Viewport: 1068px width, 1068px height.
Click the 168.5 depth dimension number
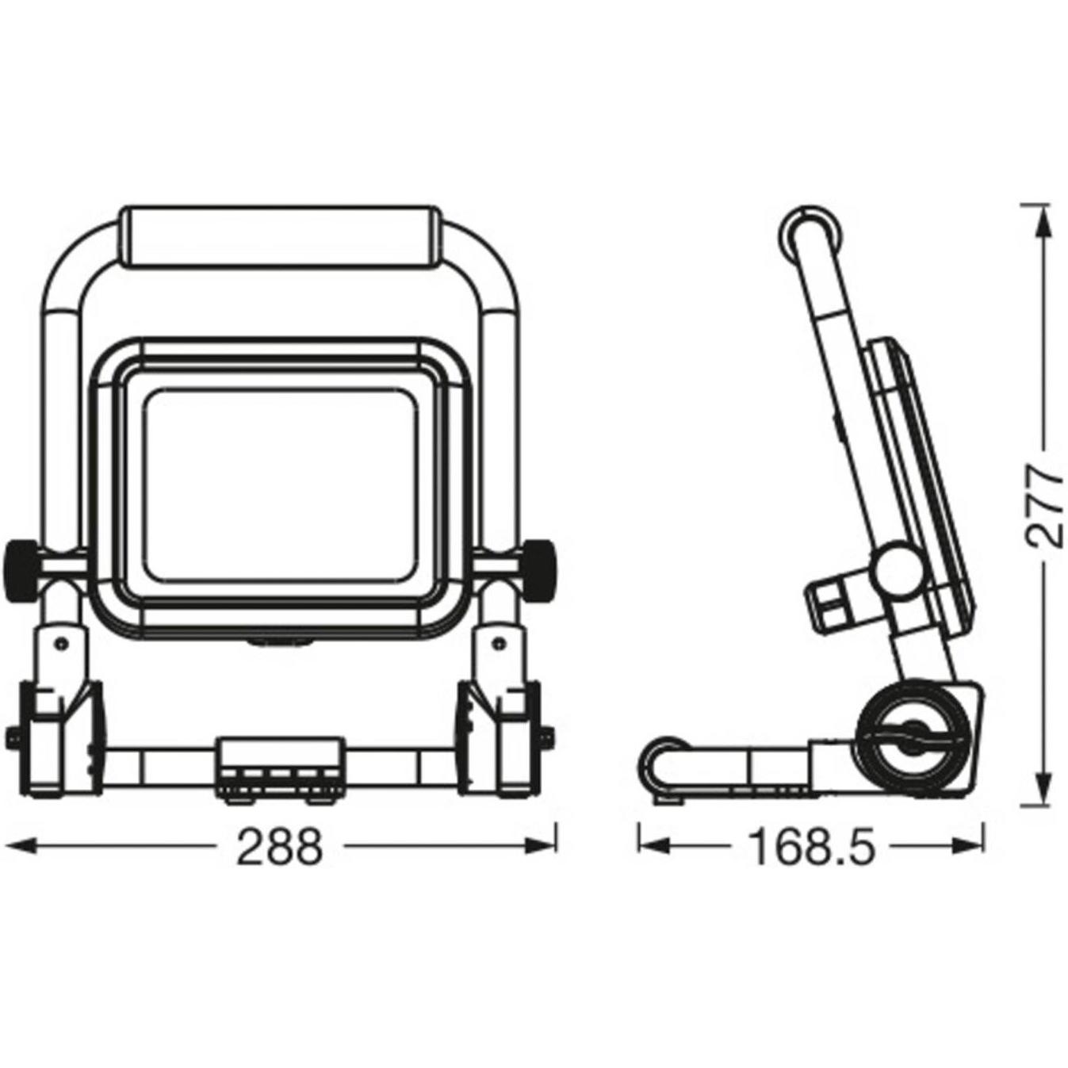click(x=811, y=848)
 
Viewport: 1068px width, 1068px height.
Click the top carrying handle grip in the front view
click(x=278, y=238)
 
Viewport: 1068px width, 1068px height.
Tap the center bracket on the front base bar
click(x=281, y=762)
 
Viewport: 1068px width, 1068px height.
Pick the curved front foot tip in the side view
click(x=658, y=761)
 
